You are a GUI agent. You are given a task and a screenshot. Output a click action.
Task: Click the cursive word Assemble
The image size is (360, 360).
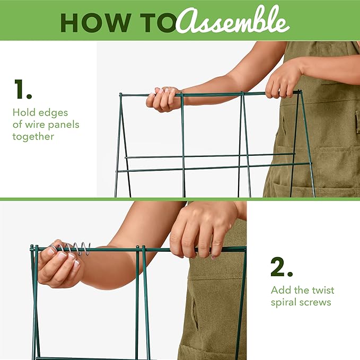click(x=233, y=21)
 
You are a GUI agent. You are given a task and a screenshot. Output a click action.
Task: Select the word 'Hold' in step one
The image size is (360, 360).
click(x=24, y=112)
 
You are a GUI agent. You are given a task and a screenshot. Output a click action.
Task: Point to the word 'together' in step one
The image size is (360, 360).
click(x=33, y=137)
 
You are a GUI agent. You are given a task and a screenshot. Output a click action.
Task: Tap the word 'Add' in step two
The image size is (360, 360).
click(x=281, y=290)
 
